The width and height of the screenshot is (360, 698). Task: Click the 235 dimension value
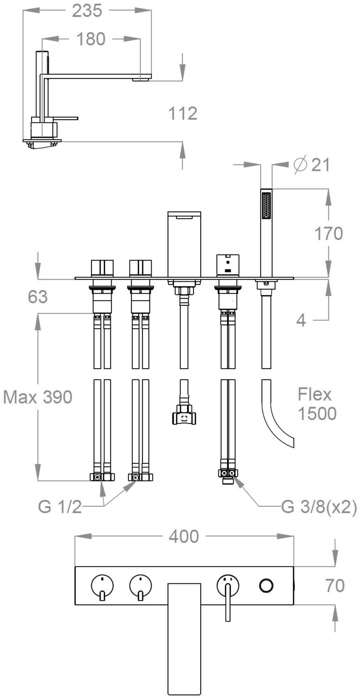[87, 11]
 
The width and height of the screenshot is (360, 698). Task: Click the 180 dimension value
[91, 39]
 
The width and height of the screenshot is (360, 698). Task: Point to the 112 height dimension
[183, 113]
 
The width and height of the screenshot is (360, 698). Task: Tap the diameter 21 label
[312, 164]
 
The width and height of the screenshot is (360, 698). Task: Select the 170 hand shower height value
[329, 233]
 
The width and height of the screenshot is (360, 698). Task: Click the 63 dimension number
[38, 297]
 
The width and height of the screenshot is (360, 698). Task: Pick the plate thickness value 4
[301, 320]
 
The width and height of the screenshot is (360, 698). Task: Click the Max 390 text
[38, 397]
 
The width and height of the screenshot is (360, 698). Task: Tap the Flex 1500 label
[316, 404]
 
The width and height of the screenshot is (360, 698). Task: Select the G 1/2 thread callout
[60, 507]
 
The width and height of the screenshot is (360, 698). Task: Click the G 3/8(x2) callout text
[319, 507]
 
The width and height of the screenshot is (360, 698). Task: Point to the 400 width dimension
[184, 536]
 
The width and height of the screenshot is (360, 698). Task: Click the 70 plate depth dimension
[335, 585]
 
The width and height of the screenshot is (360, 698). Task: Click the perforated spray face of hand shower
[266, 206]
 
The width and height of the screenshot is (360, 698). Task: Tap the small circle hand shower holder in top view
[266, 585]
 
